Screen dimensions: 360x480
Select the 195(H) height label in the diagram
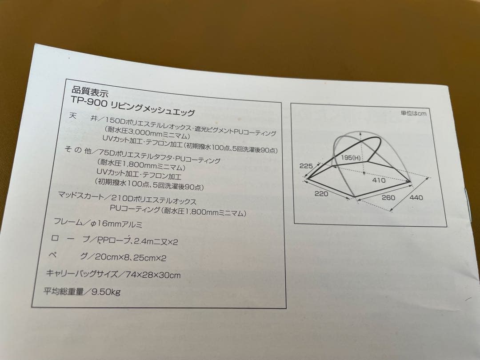click(351, 158)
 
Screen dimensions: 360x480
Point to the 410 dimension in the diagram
click(379, 181)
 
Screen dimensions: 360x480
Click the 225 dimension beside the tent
click(307, 165)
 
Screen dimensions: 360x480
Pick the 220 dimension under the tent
click(321, 193)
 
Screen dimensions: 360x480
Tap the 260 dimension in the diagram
click(388, 197)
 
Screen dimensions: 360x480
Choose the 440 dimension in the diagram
click(416, 197)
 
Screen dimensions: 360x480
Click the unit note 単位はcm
click(413, 113)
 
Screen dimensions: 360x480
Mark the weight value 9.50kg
click(106, 292)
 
